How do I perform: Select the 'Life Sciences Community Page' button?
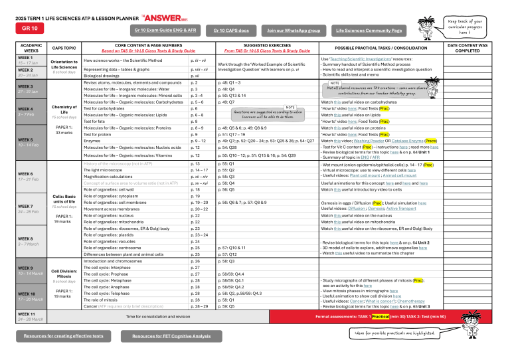click(x=369, y=31)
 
